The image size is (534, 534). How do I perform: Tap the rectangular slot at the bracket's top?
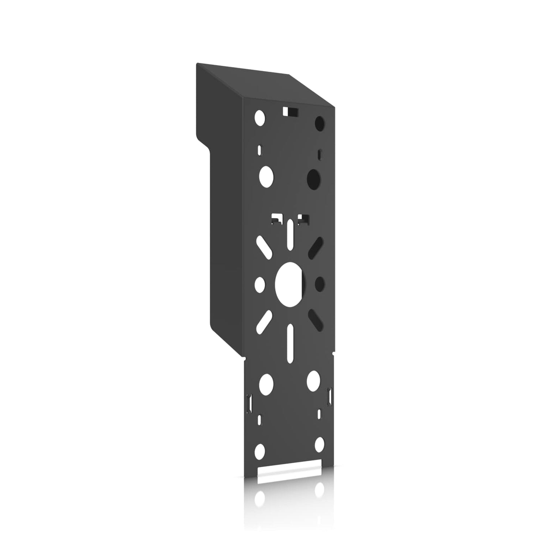(x=290, y=111)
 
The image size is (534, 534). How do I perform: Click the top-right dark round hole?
(x=319, y=122)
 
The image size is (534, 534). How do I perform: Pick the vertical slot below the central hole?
(x=290, y=339)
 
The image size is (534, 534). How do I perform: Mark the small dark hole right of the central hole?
(x=319, y=283)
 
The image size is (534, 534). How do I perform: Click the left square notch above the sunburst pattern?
(x=275, y=219)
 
